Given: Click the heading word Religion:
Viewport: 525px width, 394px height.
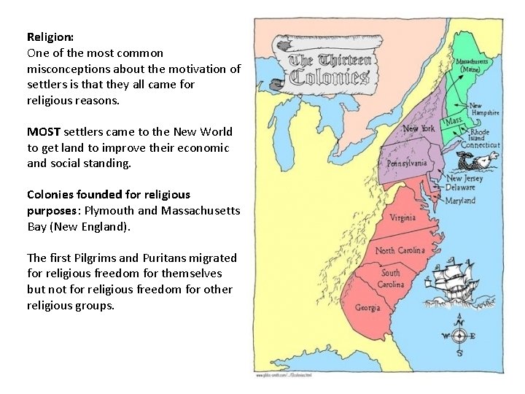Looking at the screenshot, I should (x=50, y=36).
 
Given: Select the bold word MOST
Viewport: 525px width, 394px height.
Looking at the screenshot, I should (x=44, y=132).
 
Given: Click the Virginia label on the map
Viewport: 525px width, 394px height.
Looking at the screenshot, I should (x=402, y=217).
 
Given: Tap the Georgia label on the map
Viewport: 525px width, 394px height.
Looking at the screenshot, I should (x=367, y=307).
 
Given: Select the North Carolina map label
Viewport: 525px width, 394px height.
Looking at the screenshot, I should (x=400, y=250).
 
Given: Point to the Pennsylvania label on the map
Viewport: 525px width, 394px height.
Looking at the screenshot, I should (x=406, y=163).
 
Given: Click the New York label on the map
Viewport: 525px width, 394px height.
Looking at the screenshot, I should (x=419, y=129).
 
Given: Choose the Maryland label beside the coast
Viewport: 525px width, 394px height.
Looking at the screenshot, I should (x=460, y=201).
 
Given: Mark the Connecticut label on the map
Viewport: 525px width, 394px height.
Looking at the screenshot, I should (x=479, y=145).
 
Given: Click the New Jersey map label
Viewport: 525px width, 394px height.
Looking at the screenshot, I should (x=464, y=179).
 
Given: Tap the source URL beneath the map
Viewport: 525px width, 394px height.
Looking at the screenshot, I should (x=281, y=375).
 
